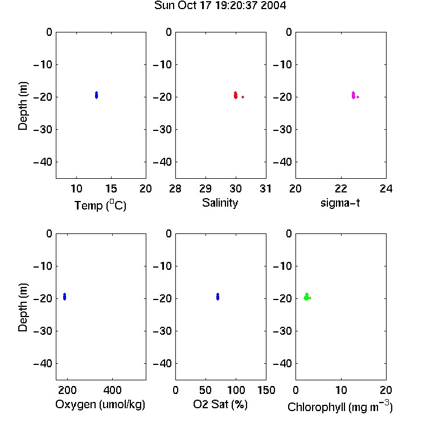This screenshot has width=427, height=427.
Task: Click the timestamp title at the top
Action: tap(220, 5)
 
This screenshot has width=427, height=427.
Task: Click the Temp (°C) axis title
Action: tap(100, 205)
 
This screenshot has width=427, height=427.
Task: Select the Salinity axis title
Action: tap(220, 203)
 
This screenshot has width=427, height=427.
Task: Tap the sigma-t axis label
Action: tap(340, 203)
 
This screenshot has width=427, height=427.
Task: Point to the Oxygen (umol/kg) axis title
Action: tap(100, 404)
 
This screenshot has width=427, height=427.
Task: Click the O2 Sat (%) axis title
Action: tap(220, 404)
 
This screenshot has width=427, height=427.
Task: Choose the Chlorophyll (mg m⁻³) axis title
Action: tap(340, 407)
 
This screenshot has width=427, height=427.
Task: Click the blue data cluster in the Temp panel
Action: tap(96, 95)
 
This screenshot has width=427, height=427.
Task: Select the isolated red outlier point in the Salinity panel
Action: tap(243, 97)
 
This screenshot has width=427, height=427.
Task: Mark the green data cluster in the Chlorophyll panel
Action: tap(307, 297)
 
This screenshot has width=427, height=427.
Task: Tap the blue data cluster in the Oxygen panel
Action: tap(64, 297)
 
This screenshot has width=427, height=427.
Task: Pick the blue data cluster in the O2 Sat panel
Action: tap(218, 297)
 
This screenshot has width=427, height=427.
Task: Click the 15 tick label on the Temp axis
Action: tap(111, 188)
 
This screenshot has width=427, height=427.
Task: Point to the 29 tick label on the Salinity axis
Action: tap(206, 188)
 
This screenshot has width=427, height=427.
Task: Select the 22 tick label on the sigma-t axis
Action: tap(341, 188)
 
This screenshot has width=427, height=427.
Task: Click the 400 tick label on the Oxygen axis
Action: tap(113, 390)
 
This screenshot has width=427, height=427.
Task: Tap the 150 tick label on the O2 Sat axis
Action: tap(266, 390)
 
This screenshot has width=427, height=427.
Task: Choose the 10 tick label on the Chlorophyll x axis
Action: tap(341, 390)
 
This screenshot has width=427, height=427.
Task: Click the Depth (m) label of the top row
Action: tap(23, 106)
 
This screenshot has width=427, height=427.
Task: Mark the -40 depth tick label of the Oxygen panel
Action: tap(43, 363)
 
